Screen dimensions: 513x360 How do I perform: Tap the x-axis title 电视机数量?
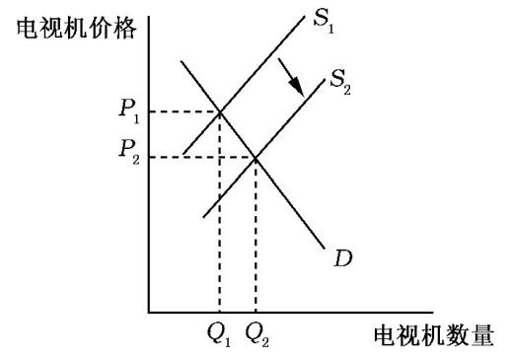coord(432,336)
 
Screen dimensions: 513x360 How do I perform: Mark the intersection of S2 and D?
coord(256,156)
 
